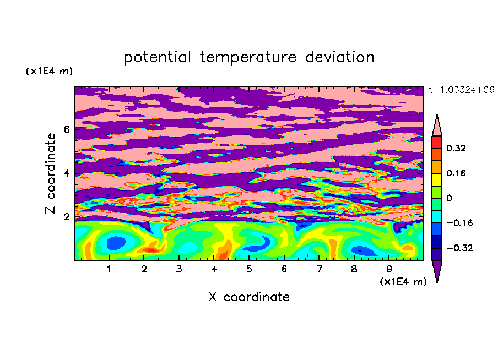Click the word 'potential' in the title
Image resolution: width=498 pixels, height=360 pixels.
pos(157,58)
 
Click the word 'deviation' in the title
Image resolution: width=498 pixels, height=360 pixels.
pos(340,57)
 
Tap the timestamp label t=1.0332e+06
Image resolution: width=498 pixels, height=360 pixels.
pos(461,90)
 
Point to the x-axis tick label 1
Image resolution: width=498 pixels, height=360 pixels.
pos(109,269)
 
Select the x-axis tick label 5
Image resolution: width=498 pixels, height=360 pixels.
pos(249,269)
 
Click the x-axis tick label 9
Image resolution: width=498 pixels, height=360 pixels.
pos(389,269)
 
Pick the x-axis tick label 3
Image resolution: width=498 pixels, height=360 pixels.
pos(179,269)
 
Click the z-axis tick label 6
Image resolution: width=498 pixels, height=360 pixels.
pos(66,129)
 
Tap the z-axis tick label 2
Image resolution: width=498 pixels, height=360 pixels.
pos(66,217)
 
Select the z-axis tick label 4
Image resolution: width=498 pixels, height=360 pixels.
pos(66,173)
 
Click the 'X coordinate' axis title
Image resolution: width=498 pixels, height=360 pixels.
pos(249,297)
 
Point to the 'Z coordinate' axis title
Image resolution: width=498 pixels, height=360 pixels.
pos(51,173)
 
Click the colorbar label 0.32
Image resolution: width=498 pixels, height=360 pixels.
pos(456,148)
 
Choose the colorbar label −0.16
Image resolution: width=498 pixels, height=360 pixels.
pos(459,223)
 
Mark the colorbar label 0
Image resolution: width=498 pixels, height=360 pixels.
pos(449,198)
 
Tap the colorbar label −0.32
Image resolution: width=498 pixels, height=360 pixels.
pos(459,248)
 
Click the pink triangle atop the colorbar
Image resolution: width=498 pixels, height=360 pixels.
pos(437,127)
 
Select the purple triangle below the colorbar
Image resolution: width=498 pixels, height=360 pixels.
pos(437,269)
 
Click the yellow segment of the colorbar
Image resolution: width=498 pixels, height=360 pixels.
pos(437,179)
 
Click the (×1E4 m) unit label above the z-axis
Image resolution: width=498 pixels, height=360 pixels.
pos(49,71)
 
